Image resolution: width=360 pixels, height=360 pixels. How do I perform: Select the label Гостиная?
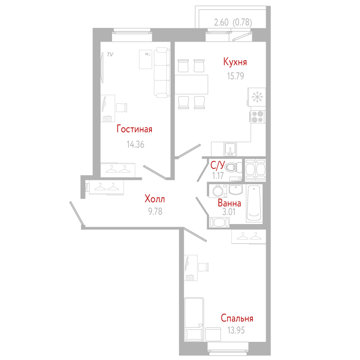pos(134,129)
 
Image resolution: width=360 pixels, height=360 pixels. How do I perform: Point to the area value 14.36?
pos(135,144)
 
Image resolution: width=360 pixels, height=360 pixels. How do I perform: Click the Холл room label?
pos(155,199)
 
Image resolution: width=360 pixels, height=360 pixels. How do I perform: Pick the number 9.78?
pos(155,211)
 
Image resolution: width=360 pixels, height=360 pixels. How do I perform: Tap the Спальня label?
pos(237,318)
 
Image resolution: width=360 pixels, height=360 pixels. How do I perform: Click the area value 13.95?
pos(236,330)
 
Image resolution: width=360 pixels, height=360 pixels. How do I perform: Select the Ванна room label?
pos(229,204)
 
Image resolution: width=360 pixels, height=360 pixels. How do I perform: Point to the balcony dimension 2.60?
pos(221,22)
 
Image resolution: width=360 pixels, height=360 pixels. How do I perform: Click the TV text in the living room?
pos(110,54)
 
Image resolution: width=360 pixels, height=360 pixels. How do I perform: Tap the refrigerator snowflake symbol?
pos(257,97)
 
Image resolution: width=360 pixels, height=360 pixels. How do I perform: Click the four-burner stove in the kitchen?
pos(257,116)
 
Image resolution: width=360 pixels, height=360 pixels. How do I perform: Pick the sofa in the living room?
pos(162,73)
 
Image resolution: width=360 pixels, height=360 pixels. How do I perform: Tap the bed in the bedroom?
pos(194,319)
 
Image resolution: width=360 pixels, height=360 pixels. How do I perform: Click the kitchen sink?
pos(230,148)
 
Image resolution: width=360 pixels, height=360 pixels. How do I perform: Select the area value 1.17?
pos(218,175)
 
